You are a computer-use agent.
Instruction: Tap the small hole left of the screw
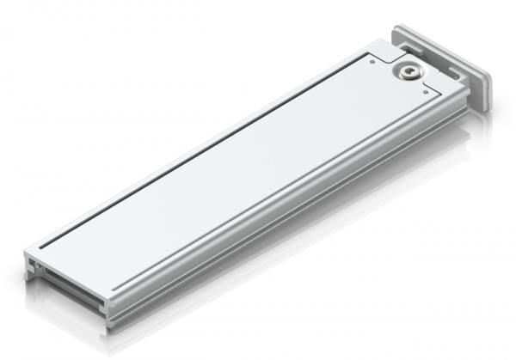[x=372, y=61]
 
